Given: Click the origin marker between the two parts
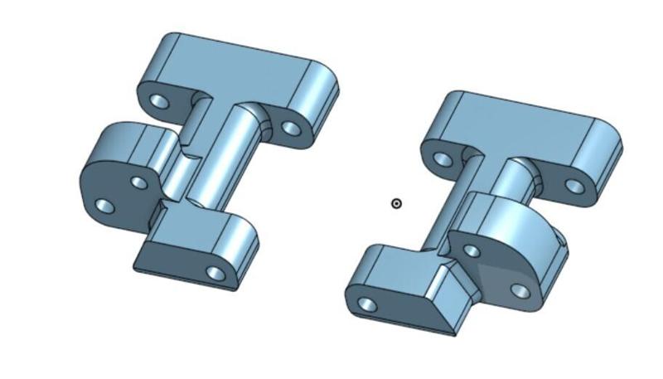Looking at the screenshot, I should pos(396,203).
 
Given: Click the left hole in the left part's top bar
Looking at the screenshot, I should pos(159,103).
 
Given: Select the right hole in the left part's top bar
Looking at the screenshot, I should pos(290,129).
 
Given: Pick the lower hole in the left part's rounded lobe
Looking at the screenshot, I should pos(104,205).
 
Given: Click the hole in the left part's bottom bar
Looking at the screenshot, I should pos(215,272).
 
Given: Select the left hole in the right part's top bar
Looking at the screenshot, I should pos(443,158).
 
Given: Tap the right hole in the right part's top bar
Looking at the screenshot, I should pos(574,186).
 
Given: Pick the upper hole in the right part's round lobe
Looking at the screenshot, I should pos(472,250).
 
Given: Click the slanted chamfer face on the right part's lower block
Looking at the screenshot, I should pos(448,303).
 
